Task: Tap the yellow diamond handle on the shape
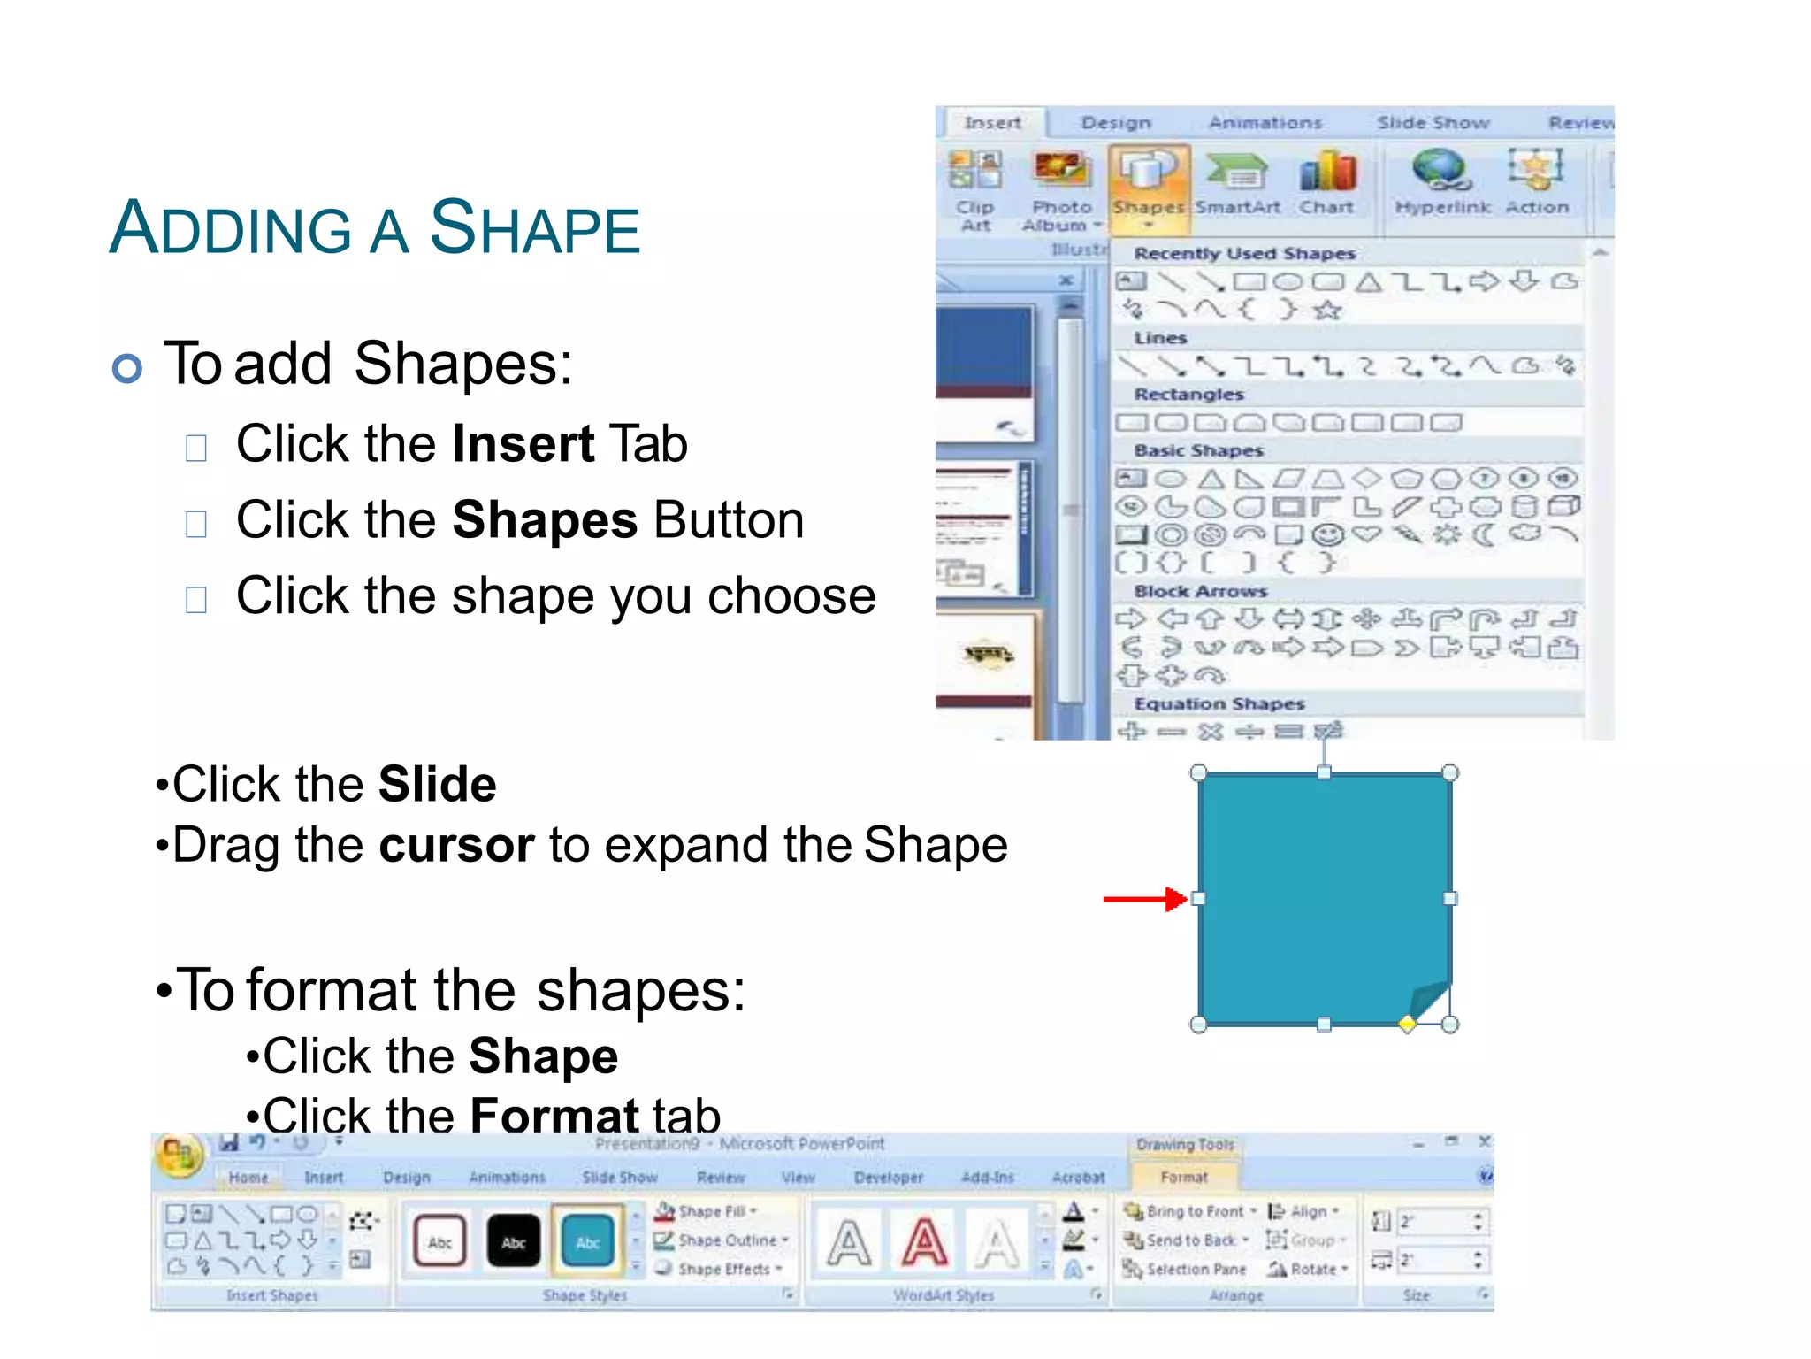pyautogui.click(x=1407, y=1025)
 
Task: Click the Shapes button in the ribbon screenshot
pyautogui.click(x=1148, y=187)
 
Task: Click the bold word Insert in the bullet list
pyautogui.click(x=523, y=443)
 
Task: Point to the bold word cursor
pyautogui.click(x=456, y=845)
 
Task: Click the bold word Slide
pyautogui.click(x=437, y=784)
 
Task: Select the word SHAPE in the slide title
pyautogui.click(x=534, y=227)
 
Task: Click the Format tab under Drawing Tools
pyautogui.click(x=1183, y=1177)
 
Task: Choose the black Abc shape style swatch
pyautogui.click(x=514, y=1240)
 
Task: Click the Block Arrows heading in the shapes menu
pyautogui.click(x=1200, y=591)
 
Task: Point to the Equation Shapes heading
pyautogui.click(x=1219, y=704)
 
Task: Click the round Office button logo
pyautogui.click(x=179, y=1154)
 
